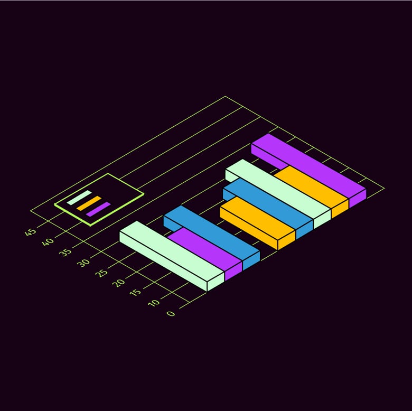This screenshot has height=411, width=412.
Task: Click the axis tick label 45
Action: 30,232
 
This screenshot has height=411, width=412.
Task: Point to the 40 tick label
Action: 48,242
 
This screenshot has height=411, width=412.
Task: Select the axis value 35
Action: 65,253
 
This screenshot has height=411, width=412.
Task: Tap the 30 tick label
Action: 83,263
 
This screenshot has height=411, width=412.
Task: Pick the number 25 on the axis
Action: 101,273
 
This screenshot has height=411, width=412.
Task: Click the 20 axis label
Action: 119,283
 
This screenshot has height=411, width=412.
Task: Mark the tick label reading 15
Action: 136,293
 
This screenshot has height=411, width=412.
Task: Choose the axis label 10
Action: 154,303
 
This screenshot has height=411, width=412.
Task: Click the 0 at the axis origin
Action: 171,313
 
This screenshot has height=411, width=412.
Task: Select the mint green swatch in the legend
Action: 79,198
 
